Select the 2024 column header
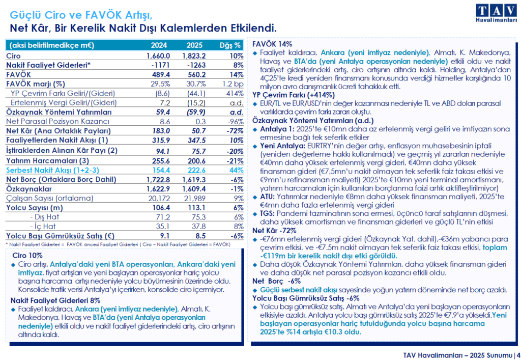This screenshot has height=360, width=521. click(159, 45)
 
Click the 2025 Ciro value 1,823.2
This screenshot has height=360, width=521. click(195, 56)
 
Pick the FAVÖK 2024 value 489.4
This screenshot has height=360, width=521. click(159, 74)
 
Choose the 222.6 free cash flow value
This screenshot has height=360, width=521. click(195, 170)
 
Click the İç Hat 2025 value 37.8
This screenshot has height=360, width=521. click(195, 227)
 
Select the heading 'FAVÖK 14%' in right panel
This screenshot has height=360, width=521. click(272, 44)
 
